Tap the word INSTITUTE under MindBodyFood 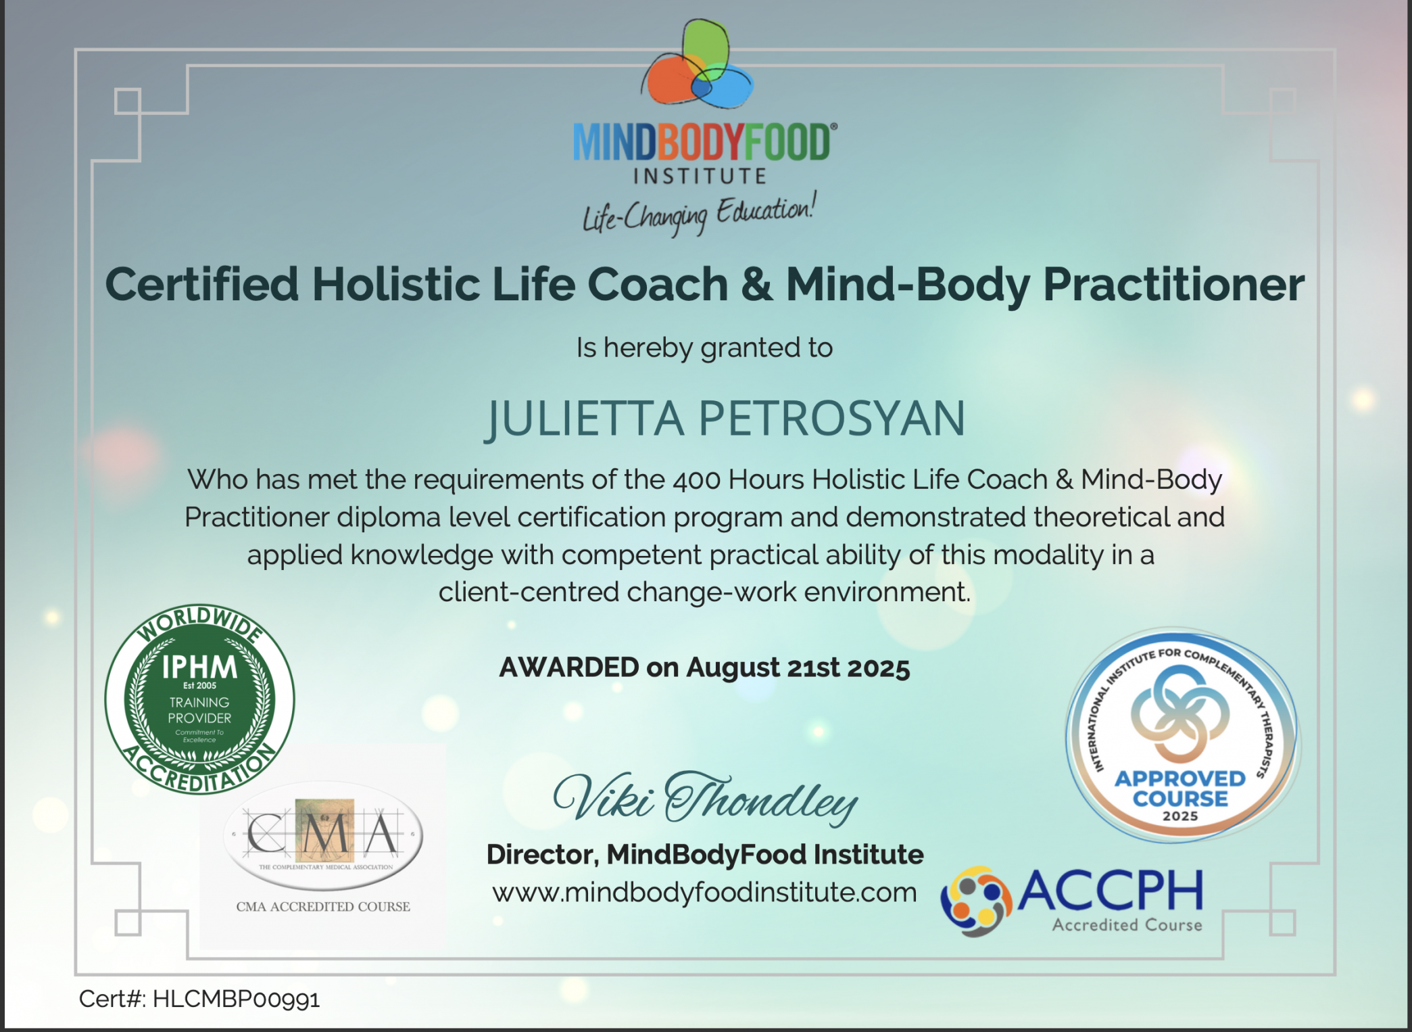tap(700, 177)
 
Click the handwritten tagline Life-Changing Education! tap(700, 213)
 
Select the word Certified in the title tap(201, 284)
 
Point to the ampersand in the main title tap(756, 284)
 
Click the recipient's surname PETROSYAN tap(831, 419)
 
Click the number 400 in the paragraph tap(697, 480)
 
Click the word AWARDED tap(569, 667)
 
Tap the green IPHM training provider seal tap(199, 699)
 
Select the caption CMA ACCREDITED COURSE tap(323, 907)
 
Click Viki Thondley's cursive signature tap(705, 799)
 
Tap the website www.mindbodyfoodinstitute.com tap(704, 893)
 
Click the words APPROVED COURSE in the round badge tap(1180, 789)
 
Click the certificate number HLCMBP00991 tap(237, 999)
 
